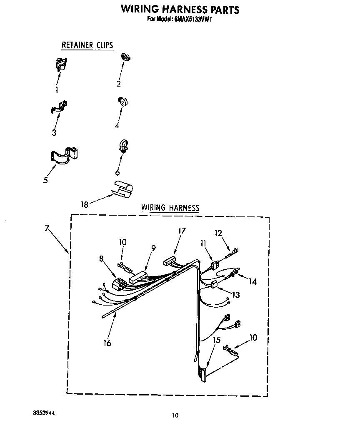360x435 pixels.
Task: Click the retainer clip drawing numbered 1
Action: pos(61,65)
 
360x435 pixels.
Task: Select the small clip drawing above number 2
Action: pos(125,57)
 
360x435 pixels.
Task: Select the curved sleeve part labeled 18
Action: pos(122,189)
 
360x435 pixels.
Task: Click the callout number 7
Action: pos(47,228)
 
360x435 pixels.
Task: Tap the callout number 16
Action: pos(107,343)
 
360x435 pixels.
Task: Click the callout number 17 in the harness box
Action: pos(182,231)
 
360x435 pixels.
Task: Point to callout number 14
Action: pos(252,281)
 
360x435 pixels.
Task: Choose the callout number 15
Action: pos(217,340)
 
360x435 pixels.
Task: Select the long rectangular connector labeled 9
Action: pos(138,278)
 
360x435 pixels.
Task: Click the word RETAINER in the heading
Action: pos(77,45)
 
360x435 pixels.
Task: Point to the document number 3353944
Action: pos(44,413)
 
